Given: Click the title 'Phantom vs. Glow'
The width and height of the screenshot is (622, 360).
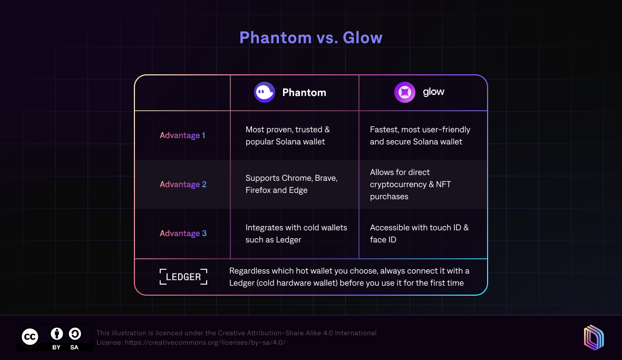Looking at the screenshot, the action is [310, 37].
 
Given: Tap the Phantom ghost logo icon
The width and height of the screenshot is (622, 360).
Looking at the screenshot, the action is [265, 92].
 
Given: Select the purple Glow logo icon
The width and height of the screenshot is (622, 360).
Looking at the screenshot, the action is [405, 92].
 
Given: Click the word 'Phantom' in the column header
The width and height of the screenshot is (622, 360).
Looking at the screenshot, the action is [304, 92].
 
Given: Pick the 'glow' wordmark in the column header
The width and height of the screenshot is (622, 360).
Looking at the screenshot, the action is [434, 92].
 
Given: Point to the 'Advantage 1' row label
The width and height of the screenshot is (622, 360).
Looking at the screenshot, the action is [182, 135].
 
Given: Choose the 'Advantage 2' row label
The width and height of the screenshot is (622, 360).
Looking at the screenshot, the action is [183, 184].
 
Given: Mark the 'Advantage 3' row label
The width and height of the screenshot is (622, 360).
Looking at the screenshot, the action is [183, 233].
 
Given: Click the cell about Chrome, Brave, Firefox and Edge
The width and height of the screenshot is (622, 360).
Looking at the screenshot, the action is [291, 184].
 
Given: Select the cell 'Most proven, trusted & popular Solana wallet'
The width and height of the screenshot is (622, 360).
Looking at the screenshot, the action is [288, 135].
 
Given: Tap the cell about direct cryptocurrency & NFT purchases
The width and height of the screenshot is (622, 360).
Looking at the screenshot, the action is [410, 184].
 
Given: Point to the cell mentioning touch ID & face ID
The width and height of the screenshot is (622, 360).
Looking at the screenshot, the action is [419, 233].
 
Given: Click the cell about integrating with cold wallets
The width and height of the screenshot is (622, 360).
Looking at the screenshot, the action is [296, 233].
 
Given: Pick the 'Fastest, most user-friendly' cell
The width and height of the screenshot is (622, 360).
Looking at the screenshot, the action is [420, 135].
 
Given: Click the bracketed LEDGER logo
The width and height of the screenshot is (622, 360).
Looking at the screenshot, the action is [183, 277].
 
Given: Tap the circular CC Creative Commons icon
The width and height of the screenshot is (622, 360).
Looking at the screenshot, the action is [30, 337].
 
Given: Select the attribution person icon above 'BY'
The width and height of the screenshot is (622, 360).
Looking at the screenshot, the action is [57, 334].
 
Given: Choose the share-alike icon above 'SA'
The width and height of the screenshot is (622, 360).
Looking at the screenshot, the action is [74, 334].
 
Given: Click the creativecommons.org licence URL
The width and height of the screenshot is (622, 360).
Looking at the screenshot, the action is [205, 343].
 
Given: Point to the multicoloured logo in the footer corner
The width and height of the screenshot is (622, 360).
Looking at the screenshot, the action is [594, 338].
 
